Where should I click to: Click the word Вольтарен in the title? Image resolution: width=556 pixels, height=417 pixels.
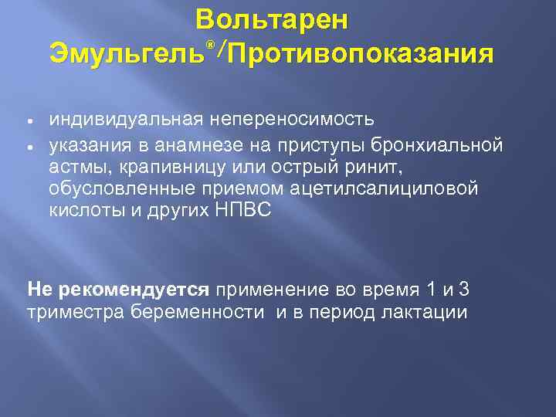pyautogui.click(x=272, y=20)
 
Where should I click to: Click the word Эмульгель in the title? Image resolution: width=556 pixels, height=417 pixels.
pyautogui.click(x=127, y=54)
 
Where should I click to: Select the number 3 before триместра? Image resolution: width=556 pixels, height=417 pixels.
pyautogui.click(x=463, y=290)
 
